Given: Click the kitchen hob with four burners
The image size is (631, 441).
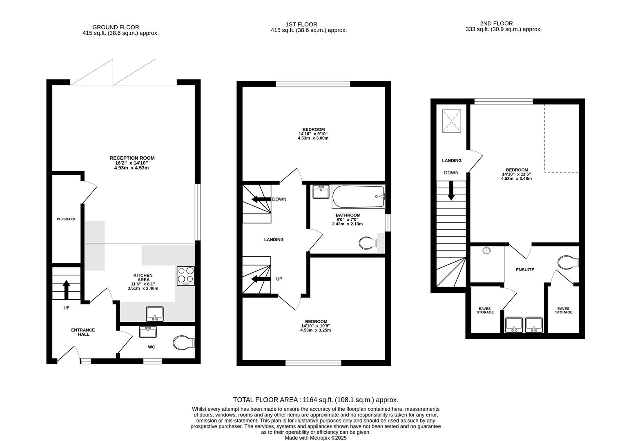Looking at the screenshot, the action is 186,276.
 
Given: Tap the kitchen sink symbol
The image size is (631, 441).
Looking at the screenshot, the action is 155,314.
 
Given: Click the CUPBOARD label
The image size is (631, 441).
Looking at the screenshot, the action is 66,219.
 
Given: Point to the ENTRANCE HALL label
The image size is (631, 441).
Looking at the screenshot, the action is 83,332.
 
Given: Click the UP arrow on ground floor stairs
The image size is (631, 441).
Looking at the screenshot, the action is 66,290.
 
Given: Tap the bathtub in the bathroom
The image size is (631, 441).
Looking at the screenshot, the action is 358,196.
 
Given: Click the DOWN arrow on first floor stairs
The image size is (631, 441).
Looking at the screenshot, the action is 261,200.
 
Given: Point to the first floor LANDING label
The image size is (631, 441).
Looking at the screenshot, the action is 274,240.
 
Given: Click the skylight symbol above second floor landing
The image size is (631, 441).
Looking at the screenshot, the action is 452,121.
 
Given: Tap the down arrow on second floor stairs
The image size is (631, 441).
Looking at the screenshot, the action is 451,191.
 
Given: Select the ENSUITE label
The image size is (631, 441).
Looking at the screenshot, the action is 525,270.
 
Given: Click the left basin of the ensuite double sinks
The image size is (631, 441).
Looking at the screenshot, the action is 514,325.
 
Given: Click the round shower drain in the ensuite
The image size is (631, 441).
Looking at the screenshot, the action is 486,250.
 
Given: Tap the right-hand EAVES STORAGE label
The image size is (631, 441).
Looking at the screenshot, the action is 563,310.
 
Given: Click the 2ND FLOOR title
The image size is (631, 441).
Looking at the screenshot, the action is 496,24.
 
